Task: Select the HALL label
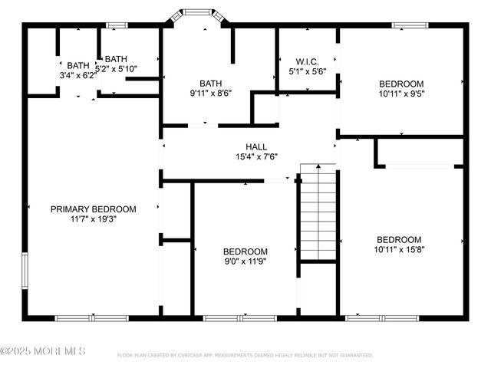(256, 146)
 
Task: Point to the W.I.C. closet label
(307, 61)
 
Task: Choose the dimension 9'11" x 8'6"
(210, 94)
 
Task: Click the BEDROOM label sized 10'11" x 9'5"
(400, 84)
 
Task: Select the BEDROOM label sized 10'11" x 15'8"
(398, 239)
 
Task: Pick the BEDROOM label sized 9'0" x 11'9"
(245, 251)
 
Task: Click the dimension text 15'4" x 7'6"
(256, 156)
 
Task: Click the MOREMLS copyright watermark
(43, 351)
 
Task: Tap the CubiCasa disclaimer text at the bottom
(245, 356)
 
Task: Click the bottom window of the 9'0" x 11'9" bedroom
(230, 317)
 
